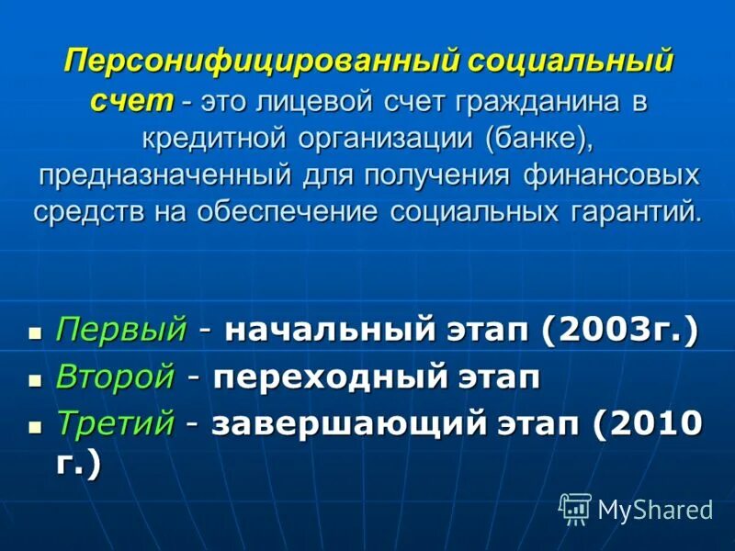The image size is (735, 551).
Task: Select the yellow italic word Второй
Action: pos(115,377)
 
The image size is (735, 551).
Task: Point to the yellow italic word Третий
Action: pos(115,422)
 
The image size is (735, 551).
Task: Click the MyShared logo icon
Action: pos(574,507)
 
